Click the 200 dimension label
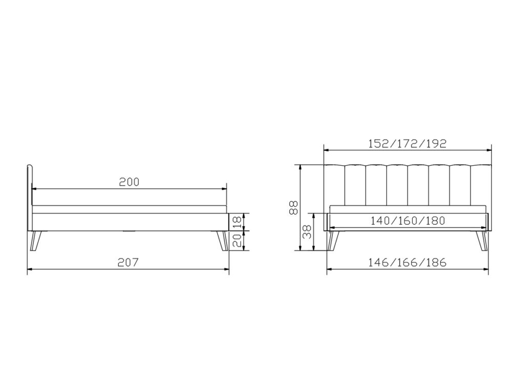coord(129,182)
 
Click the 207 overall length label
coord(129,262)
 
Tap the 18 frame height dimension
coord(239,222)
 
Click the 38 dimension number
coord(307,232)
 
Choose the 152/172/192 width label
coord(407,144)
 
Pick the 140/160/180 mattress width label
coord(408,221)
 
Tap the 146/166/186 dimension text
coord(407,262)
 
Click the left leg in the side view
coord(35,241)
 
